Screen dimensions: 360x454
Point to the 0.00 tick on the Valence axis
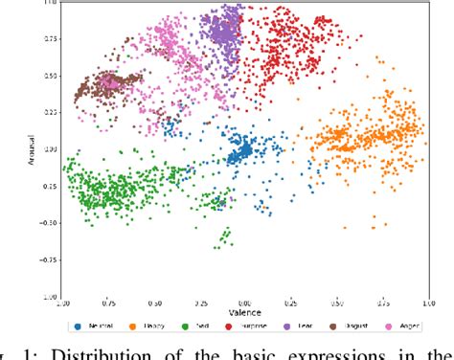244,303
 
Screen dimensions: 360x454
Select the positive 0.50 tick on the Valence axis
337,303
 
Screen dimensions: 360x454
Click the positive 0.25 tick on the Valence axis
291,303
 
